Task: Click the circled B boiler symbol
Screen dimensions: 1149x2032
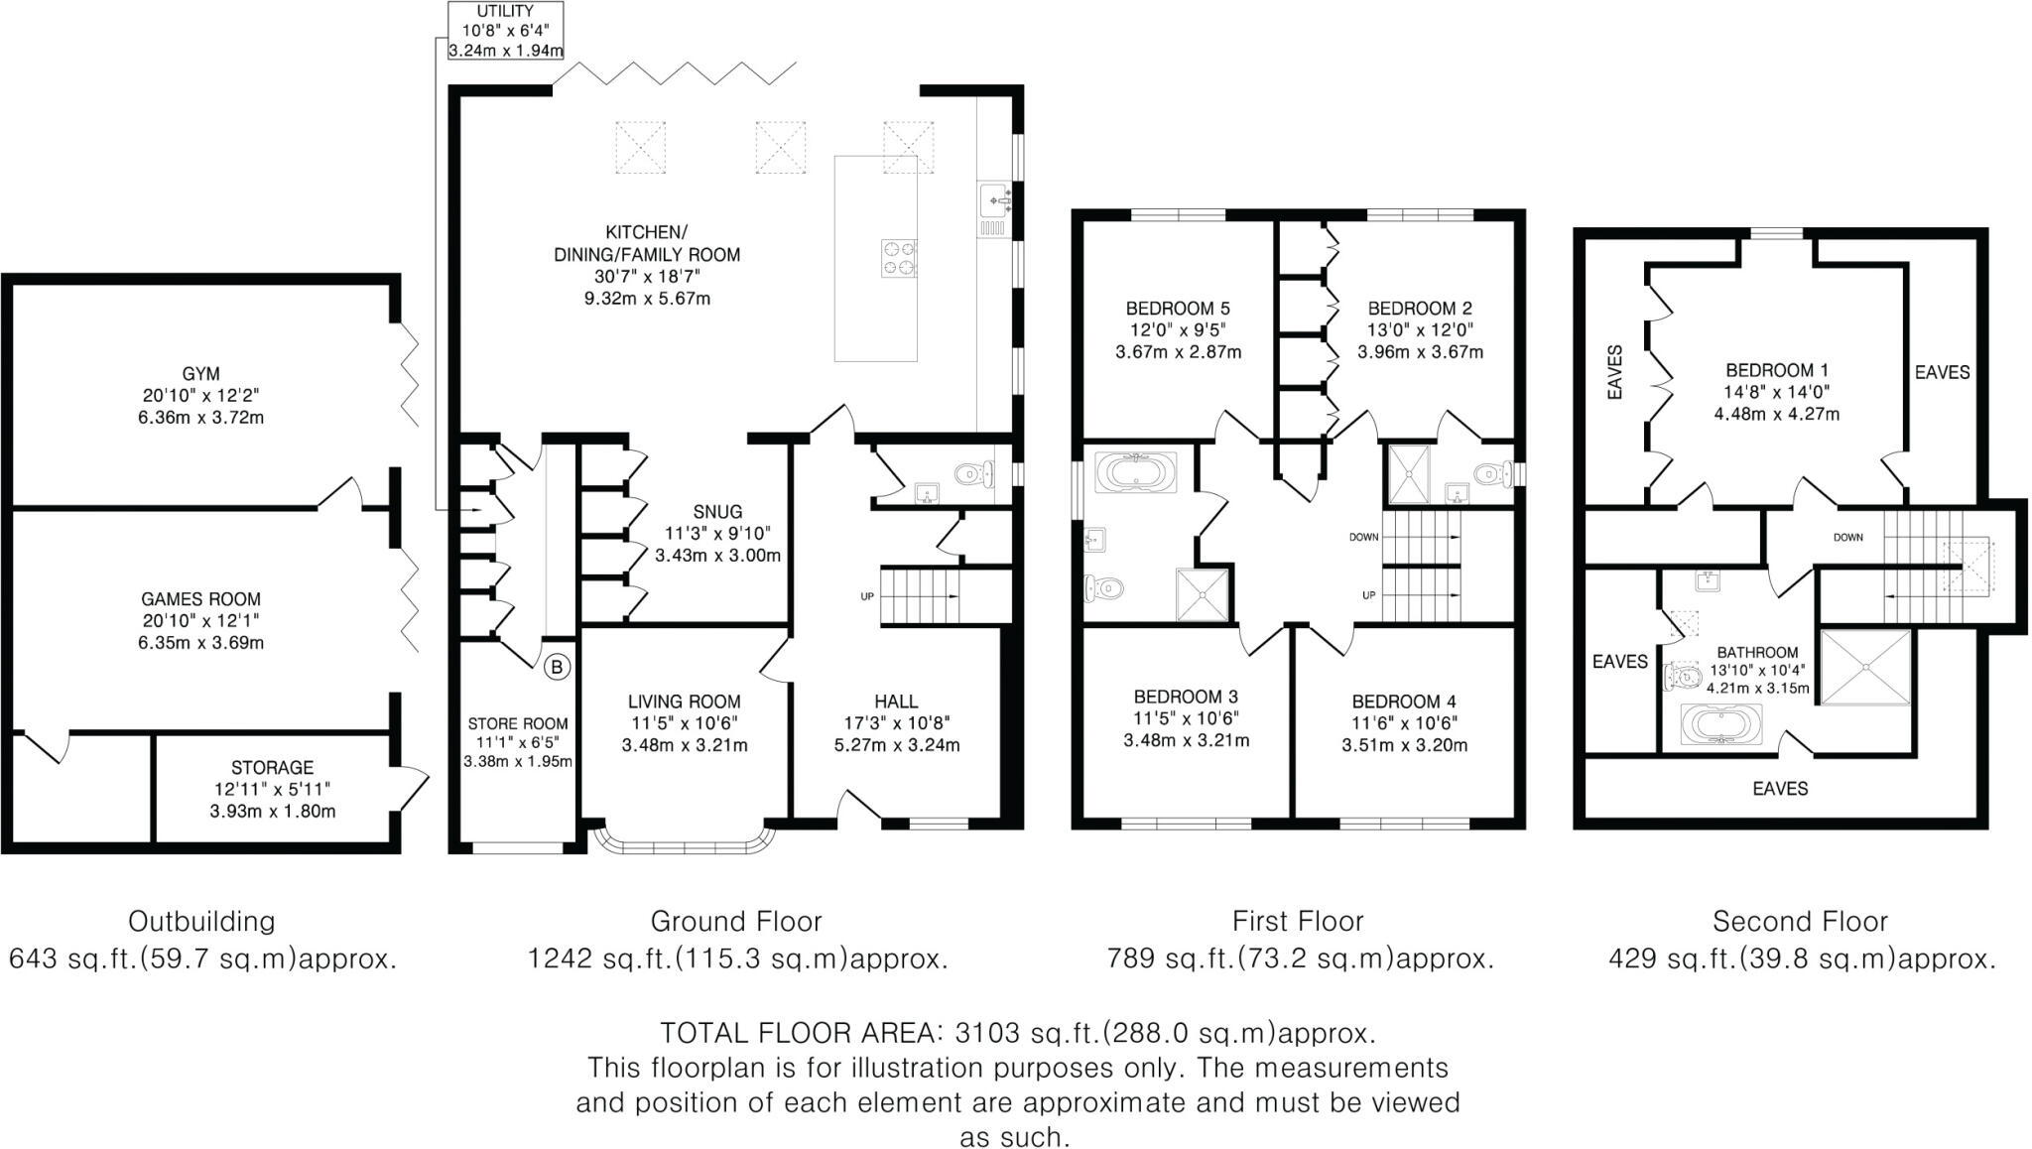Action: coord(557,667)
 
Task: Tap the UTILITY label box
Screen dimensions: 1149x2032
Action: coord(505,31)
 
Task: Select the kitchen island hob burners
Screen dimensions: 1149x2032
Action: coord(899,258)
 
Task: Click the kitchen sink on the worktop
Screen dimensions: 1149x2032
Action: coord(994,201)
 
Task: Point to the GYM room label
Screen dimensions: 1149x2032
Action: coord(200,374)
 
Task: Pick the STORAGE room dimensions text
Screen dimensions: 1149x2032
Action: coord(272,800)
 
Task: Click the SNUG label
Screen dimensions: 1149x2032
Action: coord(717,512)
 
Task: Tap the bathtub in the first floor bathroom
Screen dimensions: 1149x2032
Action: coord(1135,472)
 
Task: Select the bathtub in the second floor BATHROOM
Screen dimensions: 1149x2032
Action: coord(1720,725)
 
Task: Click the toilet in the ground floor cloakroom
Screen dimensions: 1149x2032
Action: coord(974,475)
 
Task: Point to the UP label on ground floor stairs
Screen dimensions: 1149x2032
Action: coord(867,596)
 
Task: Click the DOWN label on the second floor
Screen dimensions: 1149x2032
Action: coord(1847,538)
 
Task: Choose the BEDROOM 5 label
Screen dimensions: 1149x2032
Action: coord(1178,309)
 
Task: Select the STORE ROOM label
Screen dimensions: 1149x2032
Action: coord(518,724)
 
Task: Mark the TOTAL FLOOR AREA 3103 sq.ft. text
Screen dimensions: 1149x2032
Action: coord(1018,1033)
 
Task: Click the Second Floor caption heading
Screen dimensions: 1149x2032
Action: coord(1799,922)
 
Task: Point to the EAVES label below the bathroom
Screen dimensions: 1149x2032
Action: coord(1780,789)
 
